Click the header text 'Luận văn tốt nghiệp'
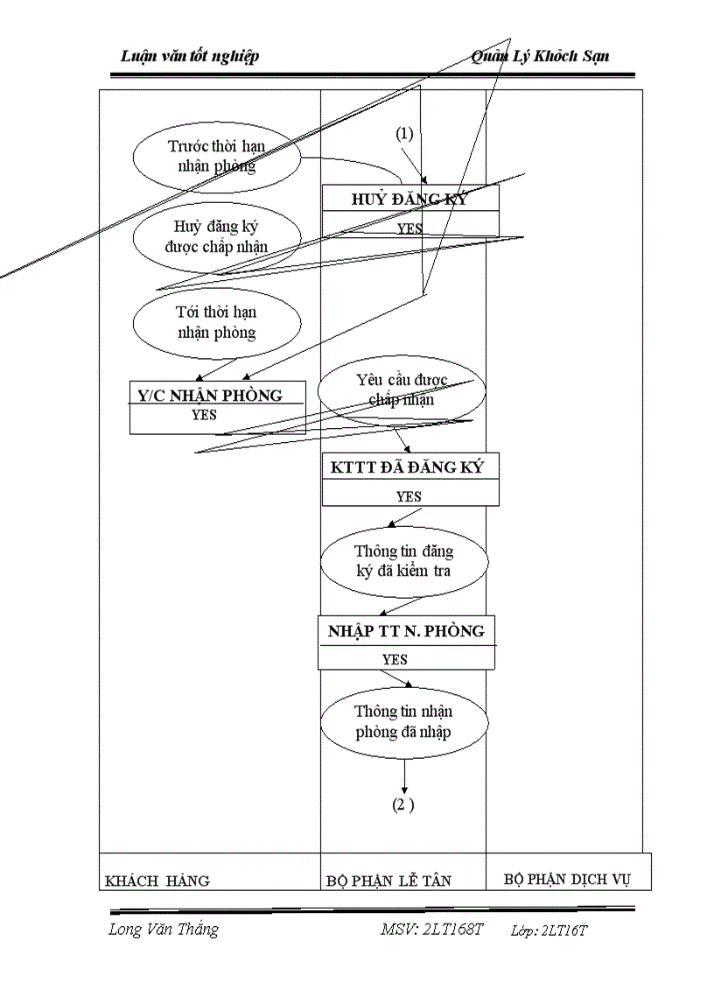tap(190, 56)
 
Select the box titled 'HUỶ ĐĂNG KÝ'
tap(409, 199)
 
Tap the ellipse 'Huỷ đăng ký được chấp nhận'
tap(216, 237)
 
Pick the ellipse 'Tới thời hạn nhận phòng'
tap(216, 322)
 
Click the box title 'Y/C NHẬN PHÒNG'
tap(211, 395)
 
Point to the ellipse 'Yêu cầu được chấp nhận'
tap(401, 390)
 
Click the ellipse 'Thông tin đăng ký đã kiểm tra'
tap(403, 561)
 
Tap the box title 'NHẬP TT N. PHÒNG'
tap(405, 631)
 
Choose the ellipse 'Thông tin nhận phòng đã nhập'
tap(403, 721)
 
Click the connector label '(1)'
tap(403, 134)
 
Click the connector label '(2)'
tap(402, 805)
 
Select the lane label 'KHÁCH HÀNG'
tap(157, 881)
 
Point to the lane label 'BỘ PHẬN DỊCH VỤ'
tap(567, 879)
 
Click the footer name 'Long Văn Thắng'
tap(163, 930)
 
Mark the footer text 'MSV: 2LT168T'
tap(431, 930)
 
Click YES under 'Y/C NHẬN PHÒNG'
tap(204, 415)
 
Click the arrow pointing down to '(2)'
tap(404, 777)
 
